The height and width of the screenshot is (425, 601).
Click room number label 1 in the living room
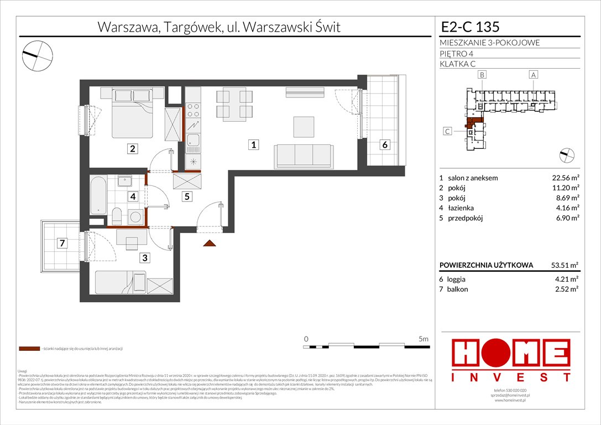[253, 146]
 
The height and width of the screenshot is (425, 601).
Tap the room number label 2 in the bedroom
[133, 148]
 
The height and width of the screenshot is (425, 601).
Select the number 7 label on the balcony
[63, 242]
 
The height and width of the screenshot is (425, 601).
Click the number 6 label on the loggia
[384, 145]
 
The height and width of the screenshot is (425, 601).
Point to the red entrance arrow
[210, 243]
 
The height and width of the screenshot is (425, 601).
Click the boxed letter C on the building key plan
[447, 131]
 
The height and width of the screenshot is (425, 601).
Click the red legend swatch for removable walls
[29, 349]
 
